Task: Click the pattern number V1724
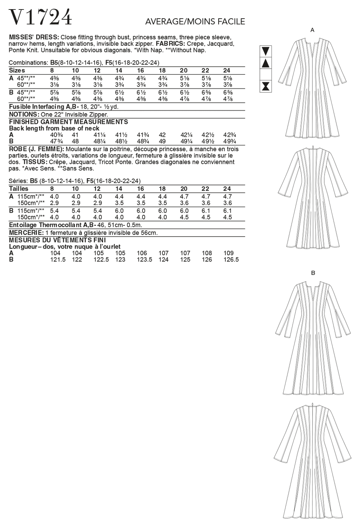tap(40, 17)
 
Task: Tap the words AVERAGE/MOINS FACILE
tap(195, 22)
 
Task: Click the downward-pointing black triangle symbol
tap(266, 51)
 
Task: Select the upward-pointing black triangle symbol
tap(266, 64)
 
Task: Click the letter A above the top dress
tap(312, 31)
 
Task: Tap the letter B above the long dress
tap(313, 273)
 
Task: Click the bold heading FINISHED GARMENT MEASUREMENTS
tap(69, 122)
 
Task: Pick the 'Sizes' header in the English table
tap(17, 71)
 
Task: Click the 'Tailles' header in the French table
tap(19, 189)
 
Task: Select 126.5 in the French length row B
tap(231, 259)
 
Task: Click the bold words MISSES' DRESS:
tap(34, 37)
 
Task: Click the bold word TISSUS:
tap(35, 162)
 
